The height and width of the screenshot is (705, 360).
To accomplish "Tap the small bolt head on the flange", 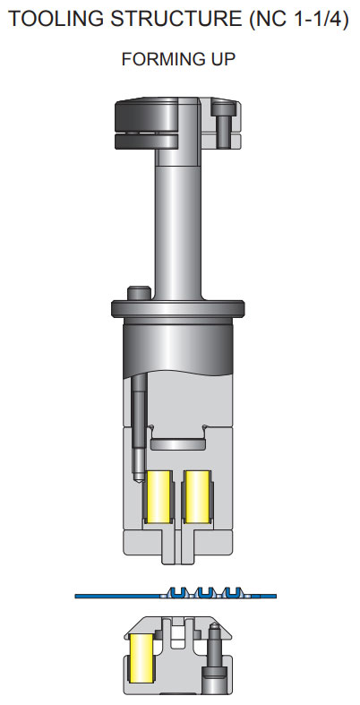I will tap(139, 293).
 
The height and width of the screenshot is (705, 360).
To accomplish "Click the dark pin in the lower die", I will tap(213, 658).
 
